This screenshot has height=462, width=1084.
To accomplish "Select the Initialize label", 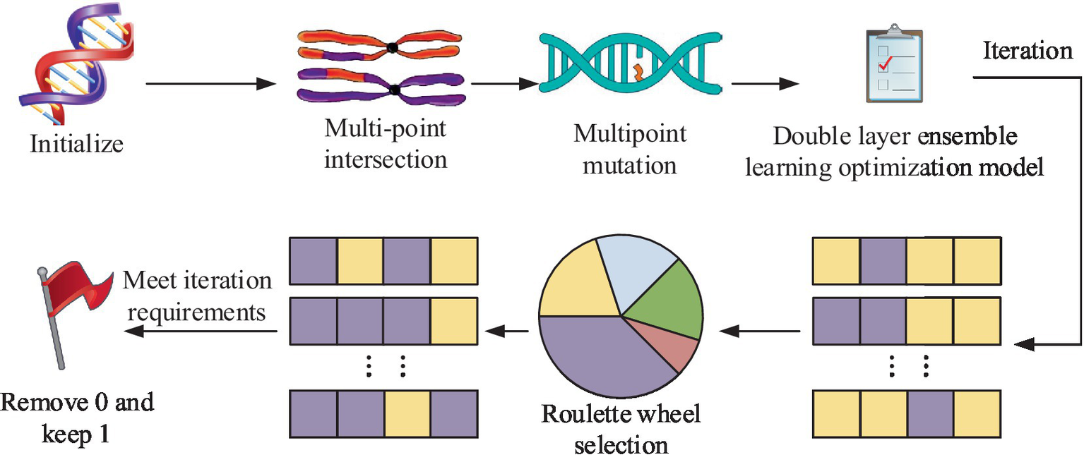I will click(x=76, y=144).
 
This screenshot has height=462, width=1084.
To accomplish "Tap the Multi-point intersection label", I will click(x=386, y=145).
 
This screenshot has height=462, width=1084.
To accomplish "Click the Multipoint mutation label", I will click(x=630, y=150).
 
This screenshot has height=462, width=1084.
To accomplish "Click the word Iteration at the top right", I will click(x=1028, y=51).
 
